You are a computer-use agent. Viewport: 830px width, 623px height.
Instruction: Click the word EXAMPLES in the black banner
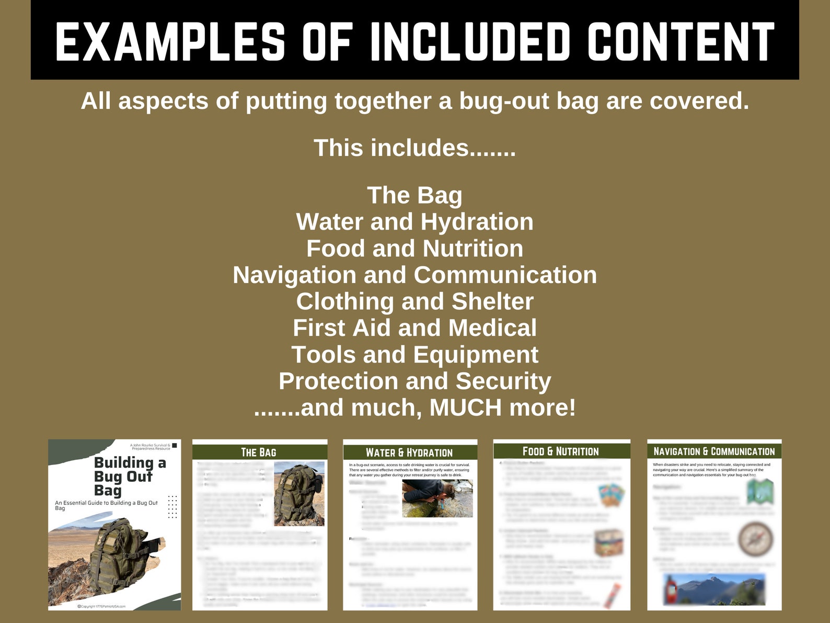(x=170, y=42)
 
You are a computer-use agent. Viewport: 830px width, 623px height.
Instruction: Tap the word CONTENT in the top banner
(x=681, y=42)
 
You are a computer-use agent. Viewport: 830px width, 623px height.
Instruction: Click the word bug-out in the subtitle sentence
(x=501, y=101)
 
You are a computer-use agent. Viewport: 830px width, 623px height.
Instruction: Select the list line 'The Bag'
(x=414, y=196)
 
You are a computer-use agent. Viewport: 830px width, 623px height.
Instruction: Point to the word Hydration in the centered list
(x=477, y=222)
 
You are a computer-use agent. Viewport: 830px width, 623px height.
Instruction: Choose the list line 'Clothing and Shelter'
(x=414, y=302)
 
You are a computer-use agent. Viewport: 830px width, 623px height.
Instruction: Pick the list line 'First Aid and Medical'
(x=414, y=329)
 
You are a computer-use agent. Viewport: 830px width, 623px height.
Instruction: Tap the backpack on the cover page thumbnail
(x=118, y=554)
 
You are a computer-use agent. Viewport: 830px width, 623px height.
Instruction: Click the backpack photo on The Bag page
(x=298, y=494)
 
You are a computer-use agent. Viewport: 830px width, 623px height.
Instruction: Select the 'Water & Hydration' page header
(x=409, y=452)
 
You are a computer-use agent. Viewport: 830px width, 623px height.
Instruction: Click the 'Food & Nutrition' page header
(x=561, y=451)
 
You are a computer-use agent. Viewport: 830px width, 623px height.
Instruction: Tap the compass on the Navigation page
(x=756, y=539)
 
